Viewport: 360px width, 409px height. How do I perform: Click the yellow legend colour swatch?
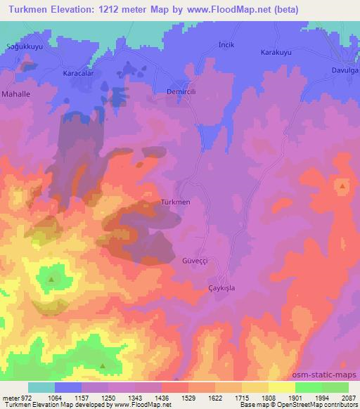pyautogui.click(x=281, y=387)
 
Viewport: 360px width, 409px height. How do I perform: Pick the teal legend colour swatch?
pyautogui.click(x=41, y=387)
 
